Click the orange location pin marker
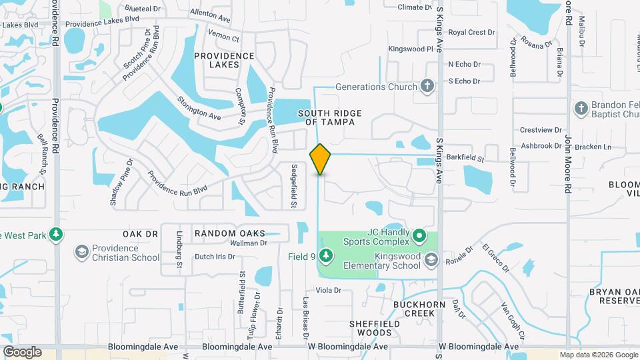coord(321,159)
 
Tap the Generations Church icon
coord(427,87)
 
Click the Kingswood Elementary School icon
coord(431,259)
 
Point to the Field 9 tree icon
coord(325,255)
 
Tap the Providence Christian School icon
coord(81,251)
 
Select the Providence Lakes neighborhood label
coord(225,61)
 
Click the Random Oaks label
coord(229,233)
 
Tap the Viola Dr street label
coord(328,290)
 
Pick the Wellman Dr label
coord(248,243)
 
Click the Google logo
coord(22,352)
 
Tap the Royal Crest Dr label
coord(471,32)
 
